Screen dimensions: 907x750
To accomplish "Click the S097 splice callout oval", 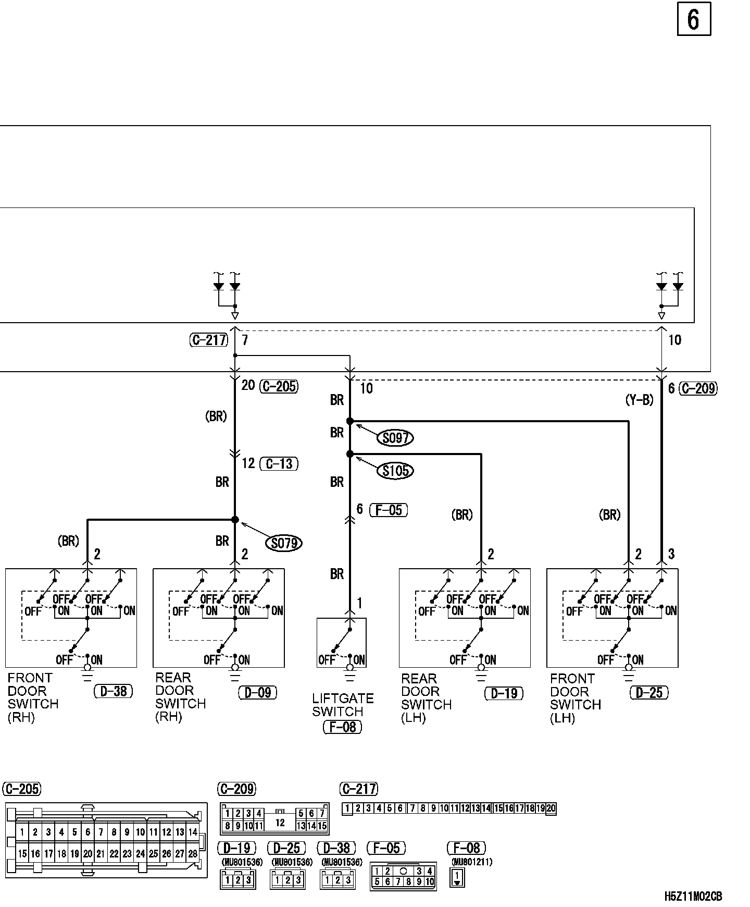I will [x=395, y=438].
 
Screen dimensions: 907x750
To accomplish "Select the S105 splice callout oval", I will [x=396, y=471].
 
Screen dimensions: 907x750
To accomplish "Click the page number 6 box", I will [x=694, y=20].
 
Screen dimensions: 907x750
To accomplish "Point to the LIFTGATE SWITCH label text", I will [x=343, y=705].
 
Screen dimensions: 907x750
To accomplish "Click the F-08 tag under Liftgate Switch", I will [x=342, y=727].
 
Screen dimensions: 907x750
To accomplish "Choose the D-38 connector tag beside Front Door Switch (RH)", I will [x=114, y=692].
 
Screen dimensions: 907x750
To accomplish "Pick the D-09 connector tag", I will [x=258, y=693].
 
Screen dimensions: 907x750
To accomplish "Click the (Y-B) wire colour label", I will [x=639, y=400].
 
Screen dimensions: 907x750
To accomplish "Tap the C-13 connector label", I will [x=279, y=463].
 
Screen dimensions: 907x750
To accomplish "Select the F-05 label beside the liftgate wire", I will [x=389, y=510].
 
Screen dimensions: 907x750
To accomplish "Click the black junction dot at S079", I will [x=235, y=520].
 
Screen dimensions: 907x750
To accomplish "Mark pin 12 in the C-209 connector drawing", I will [x=280, y=823].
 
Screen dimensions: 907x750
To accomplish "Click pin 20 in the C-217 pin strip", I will [x=551, y=808].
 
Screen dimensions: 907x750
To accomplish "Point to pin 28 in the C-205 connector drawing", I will [x=193, y=854].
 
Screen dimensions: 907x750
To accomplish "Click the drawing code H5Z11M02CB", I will [x=693, y=897].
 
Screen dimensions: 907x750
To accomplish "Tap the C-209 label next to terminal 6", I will [x=698, y=388].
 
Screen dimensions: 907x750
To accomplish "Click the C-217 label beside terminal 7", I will [x=209, y=340].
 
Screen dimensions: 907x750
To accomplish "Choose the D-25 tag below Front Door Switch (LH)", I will [x=649, y=693].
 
